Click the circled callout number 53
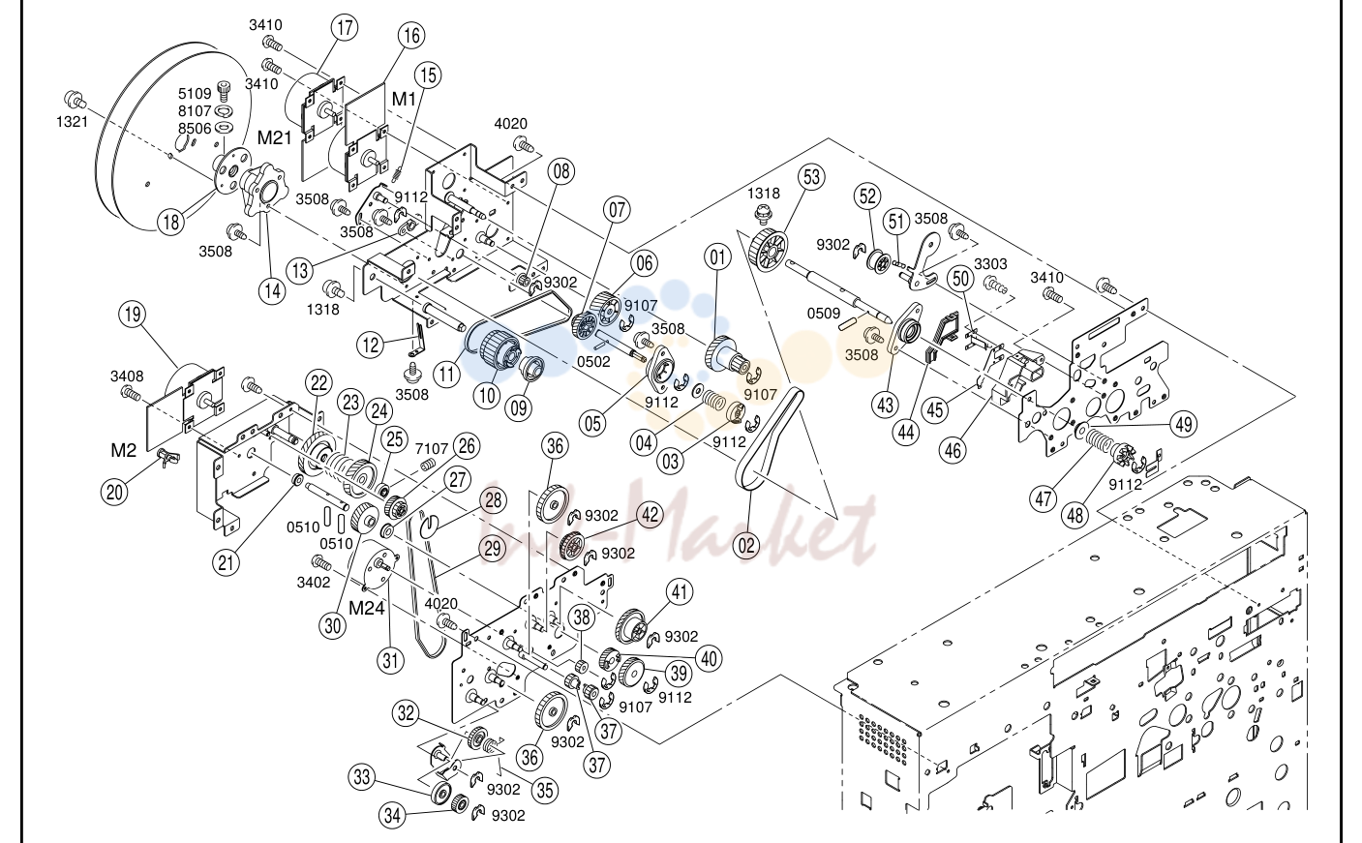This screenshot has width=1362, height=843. pyautogui.click(x=812, y=177)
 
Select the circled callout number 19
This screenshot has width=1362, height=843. pyautogui.click(x=133, y=315)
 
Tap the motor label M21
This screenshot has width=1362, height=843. pyautogui.click(x=274, y=138)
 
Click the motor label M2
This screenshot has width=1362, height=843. pyautogui.click(x=124, y=450)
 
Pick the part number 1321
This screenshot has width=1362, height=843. pyautogui.click(x=73, y=122)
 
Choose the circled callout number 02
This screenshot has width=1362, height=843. pyautogui.click(x=746, y=545)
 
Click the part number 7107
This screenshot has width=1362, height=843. pyautogui.click(x=432, y=448)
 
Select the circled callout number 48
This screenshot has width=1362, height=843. pyautogui.click(x=1075, y=516)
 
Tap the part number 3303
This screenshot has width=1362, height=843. pyautogui.click(x=990, y=264)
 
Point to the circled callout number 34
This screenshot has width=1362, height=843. pyautogui.click(x=392, y=815)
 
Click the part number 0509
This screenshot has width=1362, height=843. pyautogui.click(x=823, y=314)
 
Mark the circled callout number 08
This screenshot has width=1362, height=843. pyautogui.click(x=560, y=171)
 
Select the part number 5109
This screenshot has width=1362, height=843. pyautogui.click(x=195, y=94)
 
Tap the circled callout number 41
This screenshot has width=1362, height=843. pyautogui.click(x=680, y=591)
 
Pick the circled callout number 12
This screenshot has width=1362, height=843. pyautogui.click(x=371, y=346)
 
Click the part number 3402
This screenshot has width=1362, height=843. pyautogui.click(x=313, y=583)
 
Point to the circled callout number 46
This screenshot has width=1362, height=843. pyautogui.click(x=953, y=450)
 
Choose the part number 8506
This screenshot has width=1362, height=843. pyautogui.click(x=195, y=129)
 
